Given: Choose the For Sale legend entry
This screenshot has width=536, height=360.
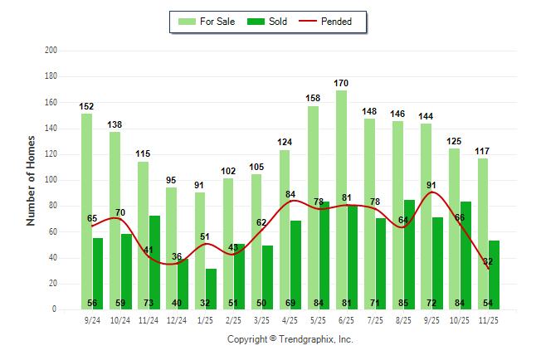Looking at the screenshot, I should pyautogui.click(x=207, y=22).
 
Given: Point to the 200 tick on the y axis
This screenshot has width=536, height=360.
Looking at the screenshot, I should pyautogui.click(x=51, y=51).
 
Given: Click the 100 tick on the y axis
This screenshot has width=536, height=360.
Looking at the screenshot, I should pyautogui.click(x=51, y=180).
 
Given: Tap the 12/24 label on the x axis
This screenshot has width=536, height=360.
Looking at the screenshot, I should pyautogui.click(x=177, y=320).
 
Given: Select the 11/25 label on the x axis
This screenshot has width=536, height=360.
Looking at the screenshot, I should pyautogui.click(x=488, y=320).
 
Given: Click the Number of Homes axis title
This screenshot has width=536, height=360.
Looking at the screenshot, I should pyautogui.click(x=32, y=180).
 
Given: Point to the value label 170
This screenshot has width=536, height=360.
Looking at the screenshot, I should pyautogui.click(x=341, y=83).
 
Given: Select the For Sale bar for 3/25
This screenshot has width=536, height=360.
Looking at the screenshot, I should pyautogui.click(x=256, y=241).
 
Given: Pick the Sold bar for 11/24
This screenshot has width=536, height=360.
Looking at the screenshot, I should pyautogui.click(x=154, y=262).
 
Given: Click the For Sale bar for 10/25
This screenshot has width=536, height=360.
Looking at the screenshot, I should pyautogui.click(x=454, y=228).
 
